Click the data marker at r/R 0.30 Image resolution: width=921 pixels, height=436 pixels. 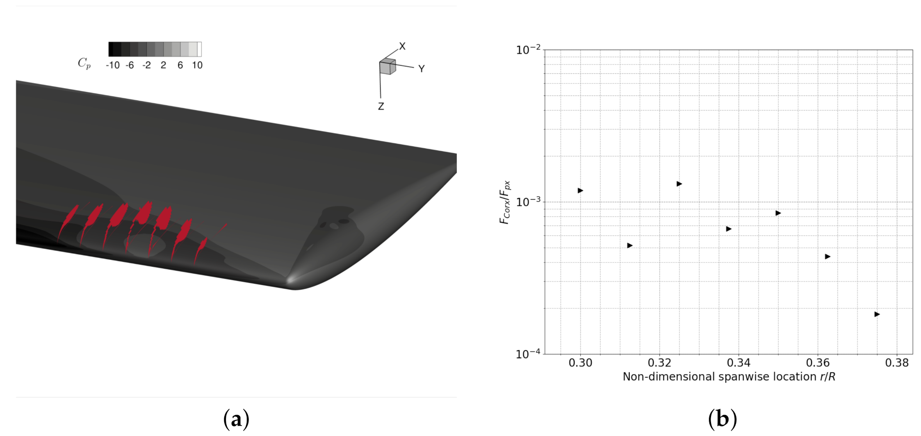click(x=580, y=191)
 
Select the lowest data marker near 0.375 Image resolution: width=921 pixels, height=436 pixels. click(x=877, y=314)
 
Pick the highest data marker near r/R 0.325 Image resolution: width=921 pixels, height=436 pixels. click(x=679, y=184)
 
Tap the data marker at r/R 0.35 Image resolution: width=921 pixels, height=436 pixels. click(x=778, y=213)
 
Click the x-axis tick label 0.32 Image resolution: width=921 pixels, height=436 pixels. click(x=659, y=363)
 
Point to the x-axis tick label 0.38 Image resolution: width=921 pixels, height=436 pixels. click(x=897, y=363)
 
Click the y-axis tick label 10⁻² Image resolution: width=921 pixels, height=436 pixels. click(x=528, y=50)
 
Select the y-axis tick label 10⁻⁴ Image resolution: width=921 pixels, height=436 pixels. click(x=528, y=354)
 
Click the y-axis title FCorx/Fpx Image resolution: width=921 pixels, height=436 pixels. click(x=505, y=202)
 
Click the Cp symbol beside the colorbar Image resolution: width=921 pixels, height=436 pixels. click(x=84, y=63)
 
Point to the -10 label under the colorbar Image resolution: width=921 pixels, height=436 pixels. click(x=112, y=66)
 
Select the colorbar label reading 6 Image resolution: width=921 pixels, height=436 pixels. click(x=180, y=66)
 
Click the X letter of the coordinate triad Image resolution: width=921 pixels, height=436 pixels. click(x=402, y=46)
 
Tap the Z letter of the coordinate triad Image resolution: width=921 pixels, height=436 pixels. click(x=381, y=107)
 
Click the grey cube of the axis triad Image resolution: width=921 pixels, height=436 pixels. click(x=387, y=67)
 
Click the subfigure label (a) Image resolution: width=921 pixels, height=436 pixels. click(x=236, y=419)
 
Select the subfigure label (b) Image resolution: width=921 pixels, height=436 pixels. click(x=722, y=419)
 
